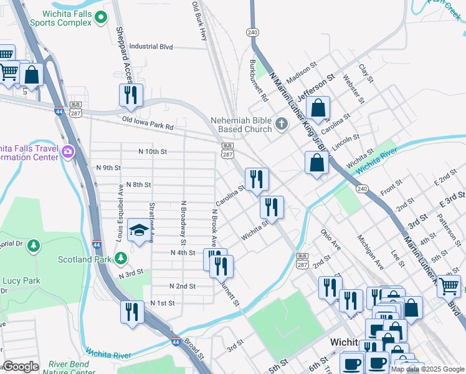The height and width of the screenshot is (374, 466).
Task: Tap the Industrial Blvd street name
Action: click(x=151, y=46)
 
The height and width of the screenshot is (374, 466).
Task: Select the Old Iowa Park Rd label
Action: click(x=147, y=122)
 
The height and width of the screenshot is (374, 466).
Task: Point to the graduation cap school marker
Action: click(x=138, y=231)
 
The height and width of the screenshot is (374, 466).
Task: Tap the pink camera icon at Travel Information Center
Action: click(x=67, y=150)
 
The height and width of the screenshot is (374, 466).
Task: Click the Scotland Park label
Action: click(x=84, y=259)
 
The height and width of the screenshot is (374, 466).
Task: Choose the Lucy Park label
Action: click(x=21, y=280)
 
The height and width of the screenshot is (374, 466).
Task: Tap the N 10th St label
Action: click(x=153, y=151)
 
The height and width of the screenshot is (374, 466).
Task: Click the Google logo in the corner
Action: click(x=20, y=367)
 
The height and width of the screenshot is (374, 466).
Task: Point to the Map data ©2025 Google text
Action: click(x=427, y=369)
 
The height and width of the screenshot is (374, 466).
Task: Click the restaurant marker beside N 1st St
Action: click(x=131, y=311)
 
